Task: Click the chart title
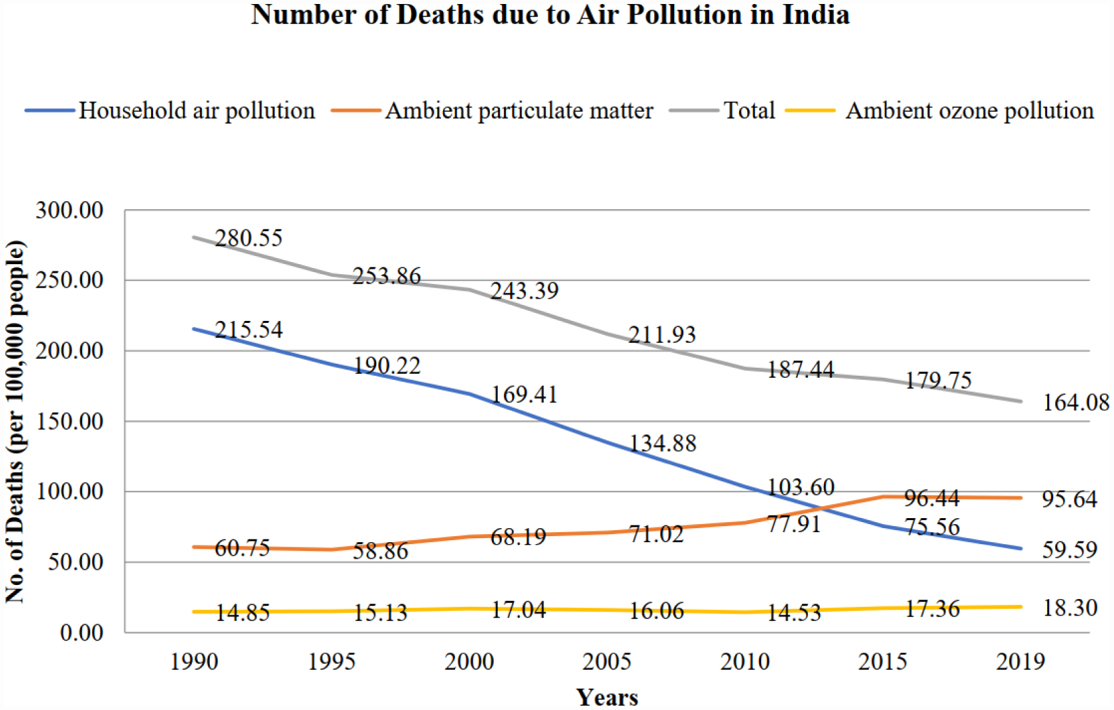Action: (x=550, y=15)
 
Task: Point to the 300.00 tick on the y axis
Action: (x=69, y=211)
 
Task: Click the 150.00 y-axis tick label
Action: (x=69, y=421)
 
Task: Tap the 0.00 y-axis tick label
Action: (x=82, y=632)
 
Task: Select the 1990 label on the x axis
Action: (x=194, y=662)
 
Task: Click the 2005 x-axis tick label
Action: (x=607, y=662)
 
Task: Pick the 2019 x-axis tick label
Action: (x=1020, y=662)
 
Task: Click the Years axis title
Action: (x=607, y=697)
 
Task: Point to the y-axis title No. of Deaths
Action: (x=15, y=421)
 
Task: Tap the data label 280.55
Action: (x=249, y=238)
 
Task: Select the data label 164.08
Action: (x=1076, y=402)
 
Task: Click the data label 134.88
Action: (x=662, y=443)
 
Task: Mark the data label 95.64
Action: (x=1069, y=499)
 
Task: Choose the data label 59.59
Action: (x=1069, y=550)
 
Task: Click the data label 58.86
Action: (x=380, y=551)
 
